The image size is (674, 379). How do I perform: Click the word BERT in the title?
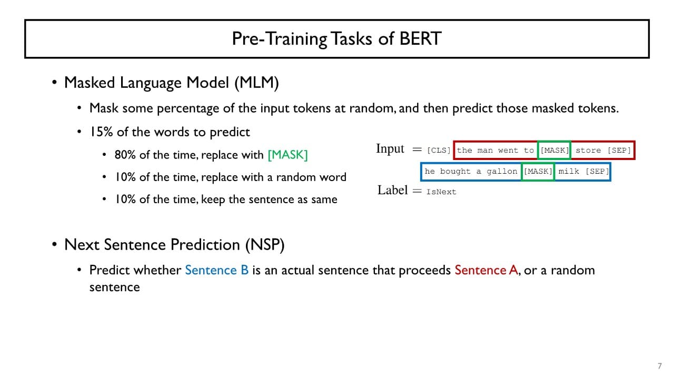[x=420, y=38]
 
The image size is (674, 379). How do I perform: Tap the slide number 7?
[x=660, y=366]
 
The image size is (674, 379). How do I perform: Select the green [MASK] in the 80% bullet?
[x=288, y=155]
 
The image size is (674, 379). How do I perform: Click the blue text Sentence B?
[x=216, y=270]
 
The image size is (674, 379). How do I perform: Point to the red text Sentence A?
[x=486, y=270]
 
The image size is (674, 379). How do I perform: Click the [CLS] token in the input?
[x=439, y=151]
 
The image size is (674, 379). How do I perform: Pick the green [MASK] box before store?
[x=554, y=150]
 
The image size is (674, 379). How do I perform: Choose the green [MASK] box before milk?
[x=538, y=172]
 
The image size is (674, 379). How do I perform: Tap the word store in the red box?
[x=588, y=151]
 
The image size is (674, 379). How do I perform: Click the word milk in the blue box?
[x=569, y=172]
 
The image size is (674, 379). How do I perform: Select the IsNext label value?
[x=441, y=192]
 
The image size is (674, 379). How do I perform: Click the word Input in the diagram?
[x=390, y=149]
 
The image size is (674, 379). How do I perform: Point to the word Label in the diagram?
[x=393, y=190]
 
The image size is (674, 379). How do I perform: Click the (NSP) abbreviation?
[x=265, y=245]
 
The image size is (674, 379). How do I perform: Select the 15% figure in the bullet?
[x=101, y=132]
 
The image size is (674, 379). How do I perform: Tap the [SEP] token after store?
[x=619, y=151]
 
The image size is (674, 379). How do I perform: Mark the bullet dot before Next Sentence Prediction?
[x=54, y=244]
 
